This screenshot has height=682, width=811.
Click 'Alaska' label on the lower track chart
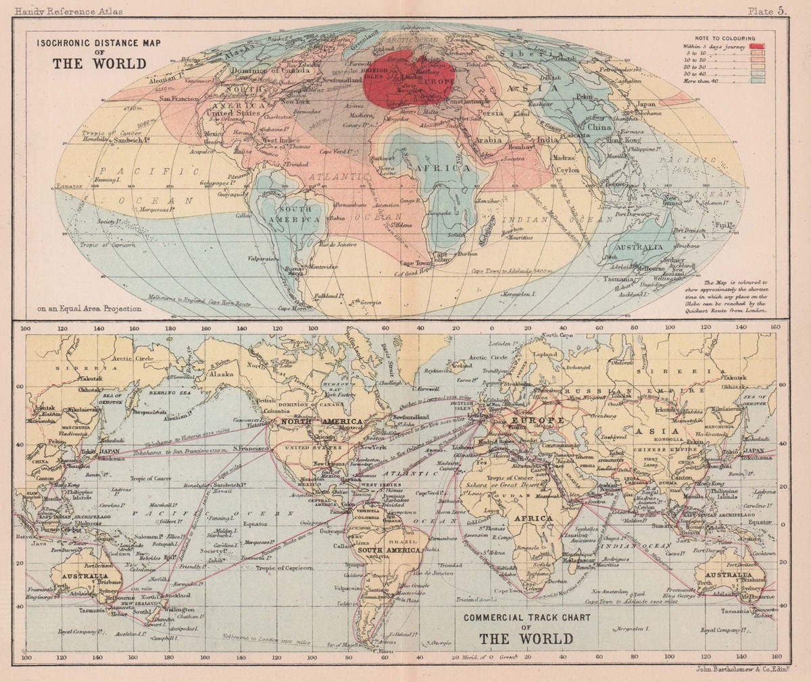tap(221, 373)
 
